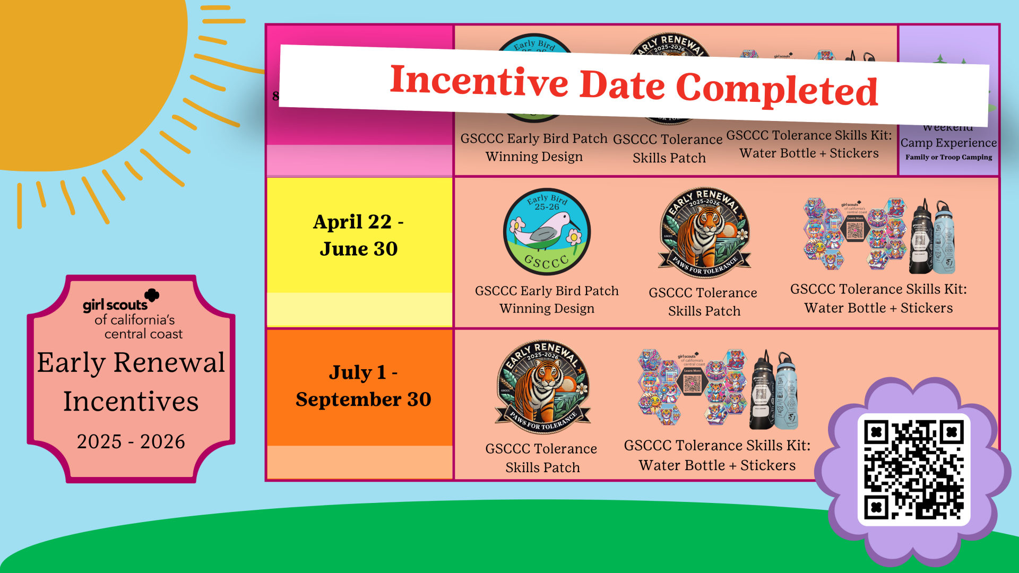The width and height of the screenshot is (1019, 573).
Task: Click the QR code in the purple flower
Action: (x=914, y=470)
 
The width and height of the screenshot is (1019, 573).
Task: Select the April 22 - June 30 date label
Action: (x=359, y=235)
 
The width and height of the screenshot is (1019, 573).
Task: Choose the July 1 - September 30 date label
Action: (x=363, y=386)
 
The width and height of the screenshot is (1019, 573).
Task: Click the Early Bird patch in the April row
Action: (x=547, y=232)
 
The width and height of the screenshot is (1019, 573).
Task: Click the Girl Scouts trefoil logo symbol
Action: (x=152, y=295)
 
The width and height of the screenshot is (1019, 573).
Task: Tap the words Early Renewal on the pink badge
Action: (x=131, y=363)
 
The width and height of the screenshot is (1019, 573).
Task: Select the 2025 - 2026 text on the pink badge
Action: (x=131, y=441)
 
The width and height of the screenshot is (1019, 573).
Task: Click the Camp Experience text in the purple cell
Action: (x=948, y=143)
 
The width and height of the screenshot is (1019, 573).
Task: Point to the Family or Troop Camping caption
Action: (x=948, y=157)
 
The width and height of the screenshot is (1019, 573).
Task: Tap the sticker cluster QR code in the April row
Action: (x=854, y=230)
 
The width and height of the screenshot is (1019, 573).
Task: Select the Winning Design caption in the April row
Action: (x=547, y=308)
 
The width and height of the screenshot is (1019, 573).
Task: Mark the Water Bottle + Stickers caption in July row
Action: (x=717, y=465)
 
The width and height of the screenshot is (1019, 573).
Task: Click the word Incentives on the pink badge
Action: (x=131, y=402)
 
